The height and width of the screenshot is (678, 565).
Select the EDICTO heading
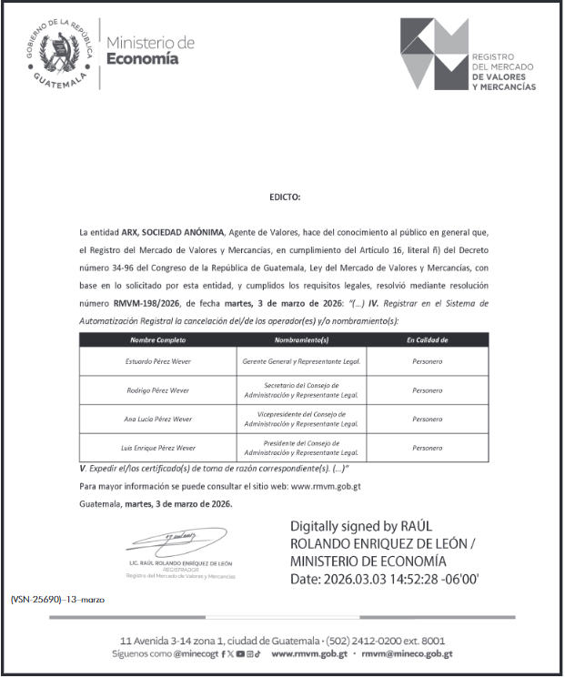pyautogui.click(x=284, y=197)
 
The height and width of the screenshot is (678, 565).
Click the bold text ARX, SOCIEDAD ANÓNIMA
pyautogui.click(x=173, y=232)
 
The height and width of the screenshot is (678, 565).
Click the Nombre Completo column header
pyautogui.click(x=157, y=339)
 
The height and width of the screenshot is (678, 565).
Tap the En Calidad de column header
pyautogui.click(x=427, y=339)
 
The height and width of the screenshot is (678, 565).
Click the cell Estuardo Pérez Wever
pyautogui.click(x=157, y=361)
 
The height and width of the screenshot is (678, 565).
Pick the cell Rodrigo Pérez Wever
pyautogui.click(x=157, y=390)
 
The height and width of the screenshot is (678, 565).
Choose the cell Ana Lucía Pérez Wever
pyautogui.click(x=157, y=419)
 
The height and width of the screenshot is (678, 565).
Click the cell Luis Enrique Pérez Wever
pyautogui.click(x=157, y=448)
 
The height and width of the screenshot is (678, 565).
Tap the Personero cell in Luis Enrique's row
pyautogui.click(x=427, y=448)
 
